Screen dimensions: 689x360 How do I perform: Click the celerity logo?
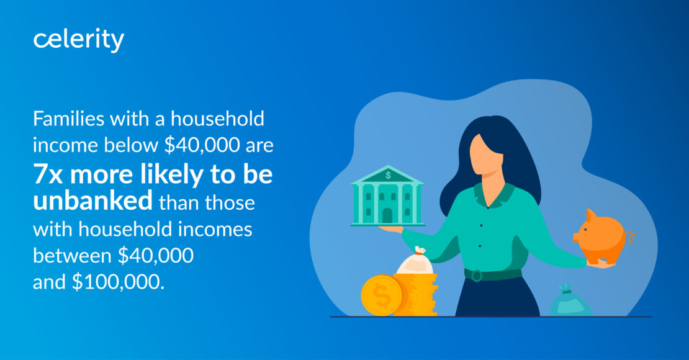(x=79, y=40)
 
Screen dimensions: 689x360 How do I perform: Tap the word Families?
(x=69, y=119)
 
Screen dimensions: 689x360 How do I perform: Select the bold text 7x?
(x=48, y=174)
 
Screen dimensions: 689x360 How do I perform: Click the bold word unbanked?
(x=92, y=201)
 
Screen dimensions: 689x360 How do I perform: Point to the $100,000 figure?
(x=118, y=282)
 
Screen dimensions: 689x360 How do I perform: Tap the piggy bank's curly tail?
(x=631, y=238)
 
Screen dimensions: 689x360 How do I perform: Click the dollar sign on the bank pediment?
(x=388, y=176)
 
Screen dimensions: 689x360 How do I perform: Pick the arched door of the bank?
(x=387, y=216)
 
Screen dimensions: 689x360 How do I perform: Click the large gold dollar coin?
(x=381, y=295)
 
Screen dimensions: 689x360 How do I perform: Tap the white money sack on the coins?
(x=415, y=262)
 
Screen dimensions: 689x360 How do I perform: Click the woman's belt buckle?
(x=476, y=276)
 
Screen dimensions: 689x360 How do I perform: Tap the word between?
(x=72, y=255)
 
